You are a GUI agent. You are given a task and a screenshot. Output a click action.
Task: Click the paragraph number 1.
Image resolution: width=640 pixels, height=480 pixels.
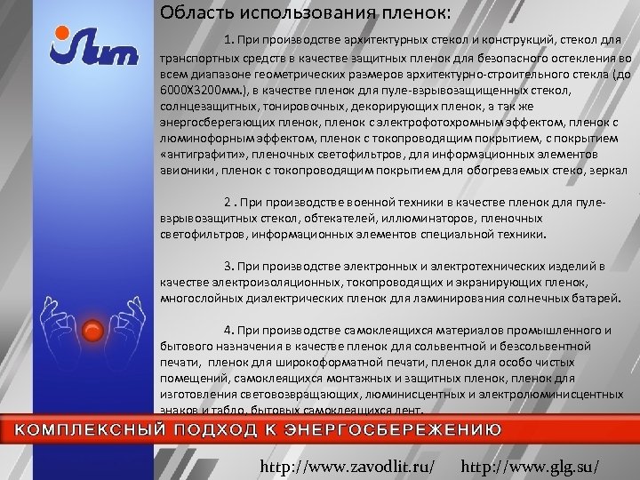[x=228, y=39]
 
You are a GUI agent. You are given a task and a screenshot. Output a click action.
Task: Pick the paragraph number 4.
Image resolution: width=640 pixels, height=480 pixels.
[x=228, y=329]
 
